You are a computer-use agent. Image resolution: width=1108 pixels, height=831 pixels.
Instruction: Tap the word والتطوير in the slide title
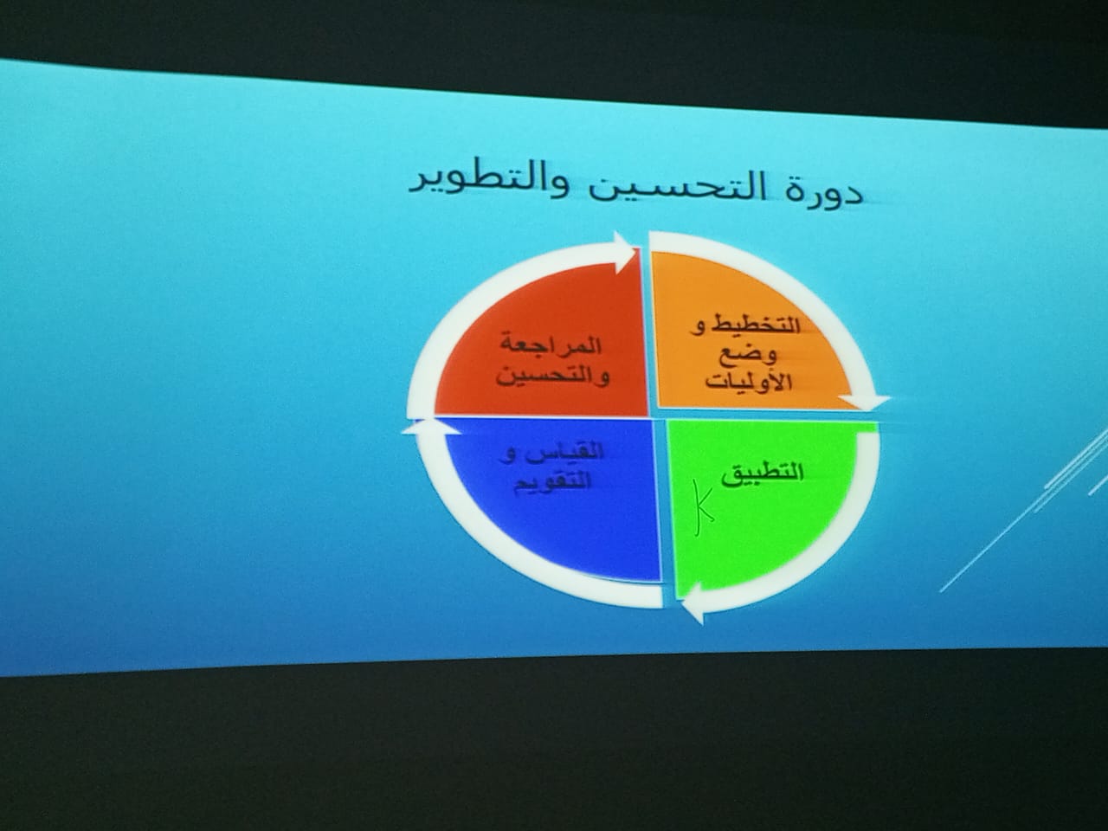point(486,185)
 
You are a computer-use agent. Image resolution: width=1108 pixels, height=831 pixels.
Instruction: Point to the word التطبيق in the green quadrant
point(763,474)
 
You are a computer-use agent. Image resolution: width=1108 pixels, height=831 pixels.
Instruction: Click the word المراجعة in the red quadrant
point(551,346)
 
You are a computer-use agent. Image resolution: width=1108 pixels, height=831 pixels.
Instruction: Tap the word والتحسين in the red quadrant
point(553,377)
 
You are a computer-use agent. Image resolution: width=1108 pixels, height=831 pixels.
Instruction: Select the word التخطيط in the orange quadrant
point(757,326)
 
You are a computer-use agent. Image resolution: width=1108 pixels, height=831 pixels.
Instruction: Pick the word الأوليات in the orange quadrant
point(749,382)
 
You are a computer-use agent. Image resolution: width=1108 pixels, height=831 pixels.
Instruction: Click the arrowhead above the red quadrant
point(624,252)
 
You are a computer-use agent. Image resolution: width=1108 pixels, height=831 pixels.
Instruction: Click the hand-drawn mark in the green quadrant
point(702,507)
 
